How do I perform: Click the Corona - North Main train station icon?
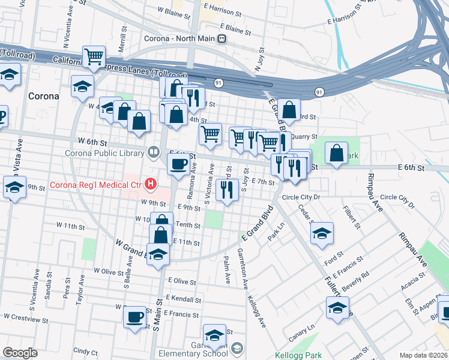[x=222, y=39]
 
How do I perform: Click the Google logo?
[x=20, y=353]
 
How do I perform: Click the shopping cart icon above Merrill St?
[x=94, y=57]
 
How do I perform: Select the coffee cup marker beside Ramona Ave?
[x=178, y=164]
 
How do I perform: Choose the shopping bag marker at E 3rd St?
[x=289, y=109]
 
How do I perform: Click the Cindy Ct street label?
[x=85, y=350]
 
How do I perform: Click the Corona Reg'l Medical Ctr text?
[x=97, y=184]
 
